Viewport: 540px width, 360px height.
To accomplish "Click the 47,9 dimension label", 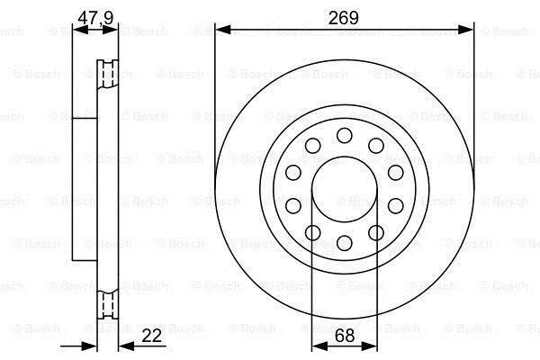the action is [x=95, y=18].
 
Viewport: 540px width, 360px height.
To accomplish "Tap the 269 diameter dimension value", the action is [x=344, y=18].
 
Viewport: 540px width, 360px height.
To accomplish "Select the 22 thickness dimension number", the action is [x=151, y=336].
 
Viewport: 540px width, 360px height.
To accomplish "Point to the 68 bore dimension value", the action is [x=345, y=336].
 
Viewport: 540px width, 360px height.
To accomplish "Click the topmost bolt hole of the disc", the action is [x=345, y=135].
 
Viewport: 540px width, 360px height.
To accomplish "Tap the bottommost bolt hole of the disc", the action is [x=345, y=243].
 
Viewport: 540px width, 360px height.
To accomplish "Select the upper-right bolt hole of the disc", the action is [x=376, y=146].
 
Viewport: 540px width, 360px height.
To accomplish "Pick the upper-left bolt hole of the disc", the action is [x=312, y=146].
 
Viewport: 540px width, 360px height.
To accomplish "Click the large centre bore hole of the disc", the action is [x=345, y=189].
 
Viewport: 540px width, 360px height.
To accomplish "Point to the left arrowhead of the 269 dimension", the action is [x=222, y=30].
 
